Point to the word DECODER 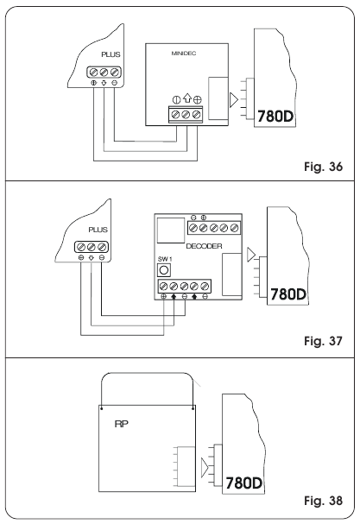(x=205, y=245)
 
